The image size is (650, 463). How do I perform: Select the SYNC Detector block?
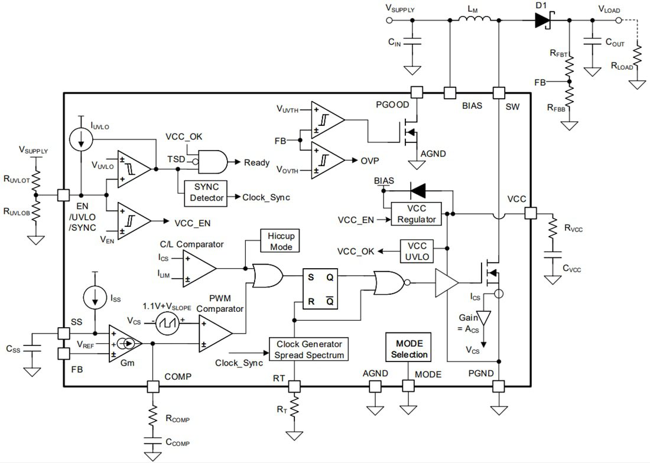coord(205,193)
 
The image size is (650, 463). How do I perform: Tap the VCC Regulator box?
coord(416,214)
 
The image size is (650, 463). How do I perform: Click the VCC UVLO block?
coord(417,251)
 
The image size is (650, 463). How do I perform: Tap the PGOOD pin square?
coord(417,92)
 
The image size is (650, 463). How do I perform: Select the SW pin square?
coord(499,92)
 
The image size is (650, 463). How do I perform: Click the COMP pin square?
coord(153,386)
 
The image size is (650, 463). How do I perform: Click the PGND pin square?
coord(499,386)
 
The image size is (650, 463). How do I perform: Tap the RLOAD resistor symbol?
coord(638,59)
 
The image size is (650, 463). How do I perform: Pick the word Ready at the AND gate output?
coord(256,162)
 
